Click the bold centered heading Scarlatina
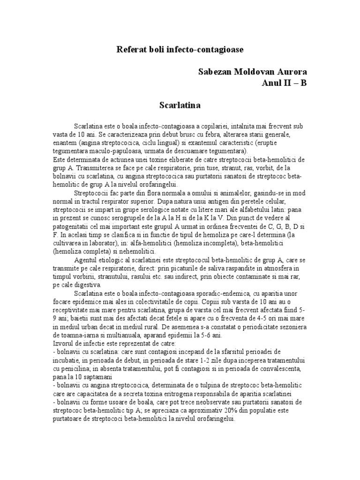[180, 105]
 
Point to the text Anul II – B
[285, 83]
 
